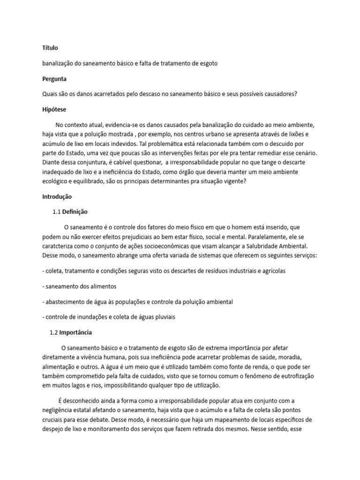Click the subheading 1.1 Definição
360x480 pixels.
click(x=70, y=212)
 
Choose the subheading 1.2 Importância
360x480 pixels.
click(x=71, y=332)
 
